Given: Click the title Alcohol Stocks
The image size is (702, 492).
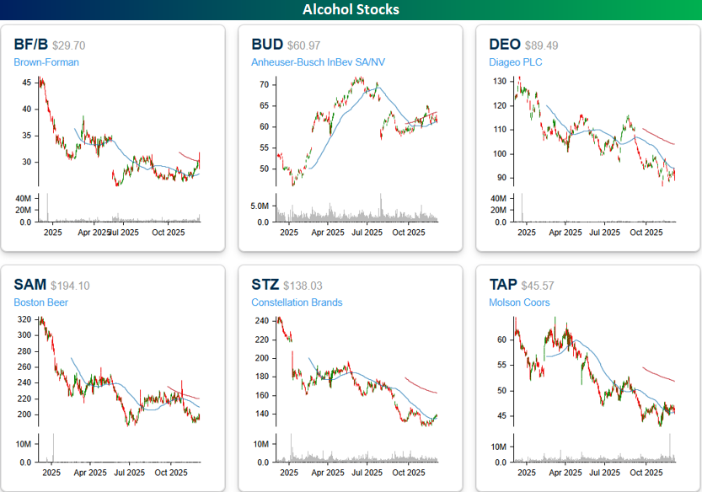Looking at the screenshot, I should (x=351, y=9).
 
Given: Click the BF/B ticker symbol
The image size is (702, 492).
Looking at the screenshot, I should (x=30, y=44).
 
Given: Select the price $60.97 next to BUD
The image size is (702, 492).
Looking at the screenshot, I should (x=307, y=45).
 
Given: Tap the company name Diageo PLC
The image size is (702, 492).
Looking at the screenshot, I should (x=515, y=61).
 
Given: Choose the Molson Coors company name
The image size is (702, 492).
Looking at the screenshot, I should (x=519, y=302).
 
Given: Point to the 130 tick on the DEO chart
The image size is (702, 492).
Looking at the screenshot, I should (x=499, y=81).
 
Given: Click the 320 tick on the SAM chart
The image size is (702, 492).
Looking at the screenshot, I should (x=24, y=321).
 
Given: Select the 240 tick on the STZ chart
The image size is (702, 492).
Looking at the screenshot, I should (x=261, y=321).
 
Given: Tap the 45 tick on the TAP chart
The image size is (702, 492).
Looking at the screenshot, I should (x=501, y=415).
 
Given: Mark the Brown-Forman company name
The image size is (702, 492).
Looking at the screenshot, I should (x=46, y=61).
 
